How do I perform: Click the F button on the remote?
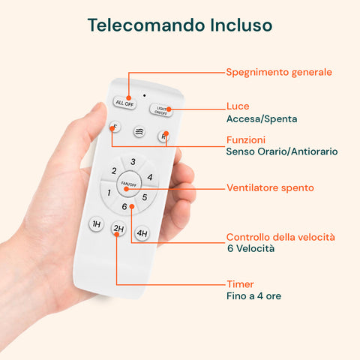[114, 127]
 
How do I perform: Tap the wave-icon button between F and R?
[139, 131]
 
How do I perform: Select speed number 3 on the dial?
[133, 161]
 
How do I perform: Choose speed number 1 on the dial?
[109, 193]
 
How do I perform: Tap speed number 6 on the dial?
[124, 206]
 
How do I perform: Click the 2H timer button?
[118, 229]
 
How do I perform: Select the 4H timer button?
[142, 233]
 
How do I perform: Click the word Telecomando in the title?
[136, 25]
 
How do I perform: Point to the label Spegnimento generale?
[279, 72]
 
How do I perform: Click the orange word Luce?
[238, 106]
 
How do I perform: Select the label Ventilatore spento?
[270, 187]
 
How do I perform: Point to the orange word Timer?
[240, 284]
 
